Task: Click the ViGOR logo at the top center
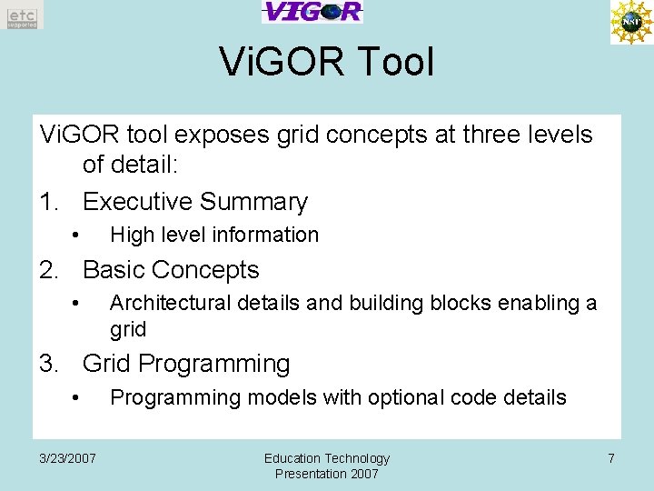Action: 312,12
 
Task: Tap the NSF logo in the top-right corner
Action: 630,22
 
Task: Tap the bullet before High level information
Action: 78,235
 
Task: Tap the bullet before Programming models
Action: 78,398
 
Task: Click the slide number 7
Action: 611,458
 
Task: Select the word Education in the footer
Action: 292,458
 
